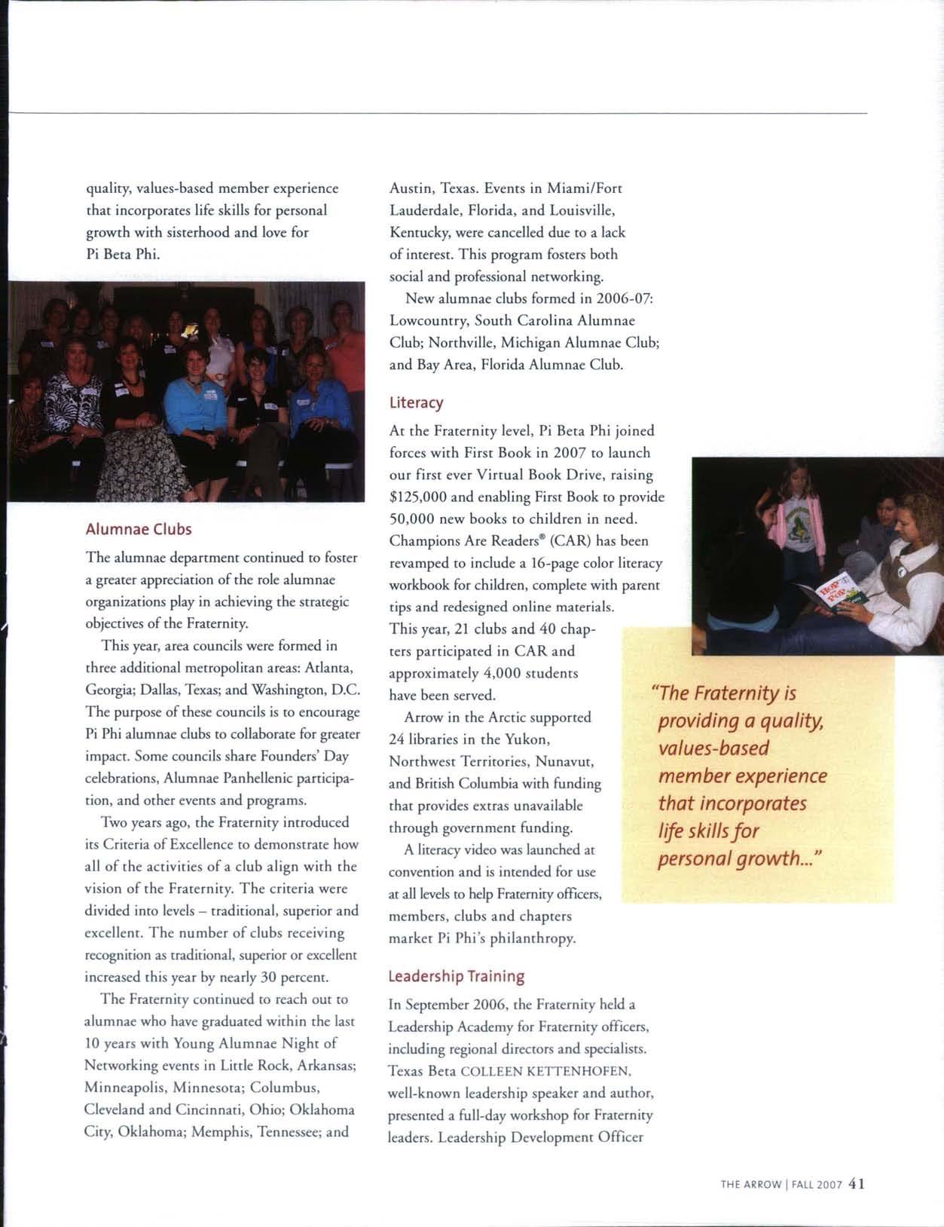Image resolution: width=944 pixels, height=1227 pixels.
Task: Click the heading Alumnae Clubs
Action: (139, 529)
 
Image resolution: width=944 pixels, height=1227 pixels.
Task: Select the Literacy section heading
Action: (416, 402)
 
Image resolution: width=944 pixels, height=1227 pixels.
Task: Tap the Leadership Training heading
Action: (456, 976)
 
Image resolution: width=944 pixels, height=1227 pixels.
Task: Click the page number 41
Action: (857, 1183)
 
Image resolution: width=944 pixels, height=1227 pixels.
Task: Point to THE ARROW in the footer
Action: (750, 1184)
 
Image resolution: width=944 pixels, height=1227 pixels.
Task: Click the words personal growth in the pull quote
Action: (727, 859)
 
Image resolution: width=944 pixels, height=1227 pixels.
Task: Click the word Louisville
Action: (583, 210)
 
